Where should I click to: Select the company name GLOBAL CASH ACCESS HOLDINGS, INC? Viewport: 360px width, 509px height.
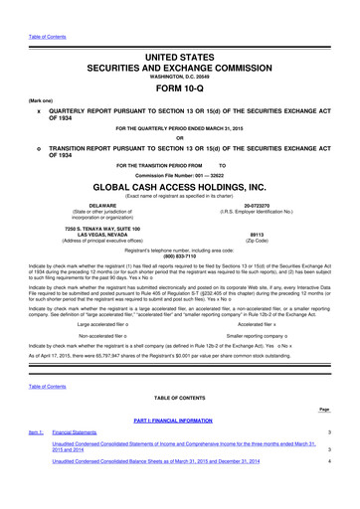179,185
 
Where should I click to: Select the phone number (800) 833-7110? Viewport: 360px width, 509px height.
179,258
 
